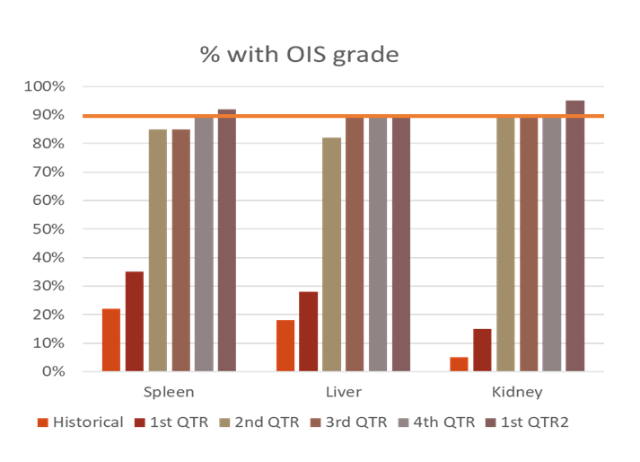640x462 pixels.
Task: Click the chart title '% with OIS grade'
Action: (299, 54)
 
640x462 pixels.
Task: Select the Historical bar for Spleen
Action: (111, 340)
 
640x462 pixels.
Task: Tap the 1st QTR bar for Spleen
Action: (135, 322)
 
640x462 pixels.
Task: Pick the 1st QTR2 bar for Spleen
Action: (227, 240)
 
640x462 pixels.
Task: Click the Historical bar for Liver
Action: (285, 345)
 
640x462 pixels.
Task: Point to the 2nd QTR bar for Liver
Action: (331, 254)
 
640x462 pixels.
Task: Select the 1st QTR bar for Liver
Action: (308, 331)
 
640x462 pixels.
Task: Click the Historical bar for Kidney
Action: (460, 364)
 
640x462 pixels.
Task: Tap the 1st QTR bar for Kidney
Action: (482, 350)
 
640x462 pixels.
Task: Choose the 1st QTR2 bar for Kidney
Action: (575, 235)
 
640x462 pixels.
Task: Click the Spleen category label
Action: (169, 393)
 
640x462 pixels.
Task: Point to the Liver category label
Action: (344, 392)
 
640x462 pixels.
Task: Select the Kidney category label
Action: (517, 393)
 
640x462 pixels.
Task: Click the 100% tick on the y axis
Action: (45, 86)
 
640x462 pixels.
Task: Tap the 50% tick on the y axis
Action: (48, 229)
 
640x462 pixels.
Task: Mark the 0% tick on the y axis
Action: (54, 371)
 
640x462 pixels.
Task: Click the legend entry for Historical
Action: (80, 422)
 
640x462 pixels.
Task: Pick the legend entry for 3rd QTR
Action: (348, 422)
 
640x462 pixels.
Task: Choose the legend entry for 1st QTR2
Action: (527, 422)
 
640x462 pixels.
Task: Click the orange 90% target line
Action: (343, 116)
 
